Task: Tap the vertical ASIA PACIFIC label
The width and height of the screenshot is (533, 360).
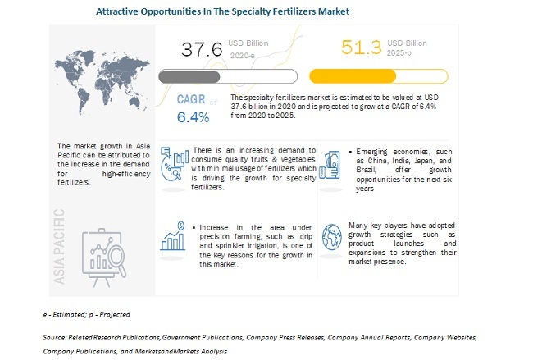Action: tap(59, 246)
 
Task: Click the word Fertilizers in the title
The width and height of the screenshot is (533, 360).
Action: tap(288, 11)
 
